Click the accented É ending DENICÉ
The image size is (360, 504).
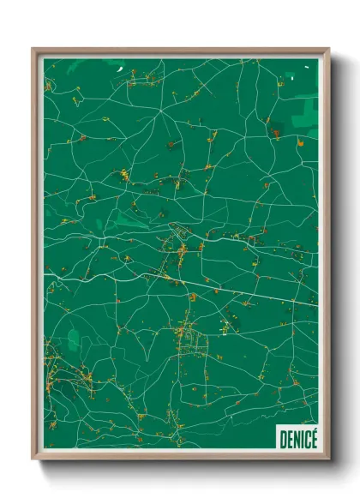(x=314, y=439)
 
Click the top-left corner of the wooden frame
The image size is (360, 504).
(x=33, y=50)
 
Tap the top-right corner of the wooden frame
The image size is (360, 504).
(x=328, y=50)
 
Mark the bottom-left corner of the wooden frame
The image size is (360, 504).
(x=33, y=461)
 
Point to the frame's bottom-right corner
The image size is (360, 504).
(x=328, y=461)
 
